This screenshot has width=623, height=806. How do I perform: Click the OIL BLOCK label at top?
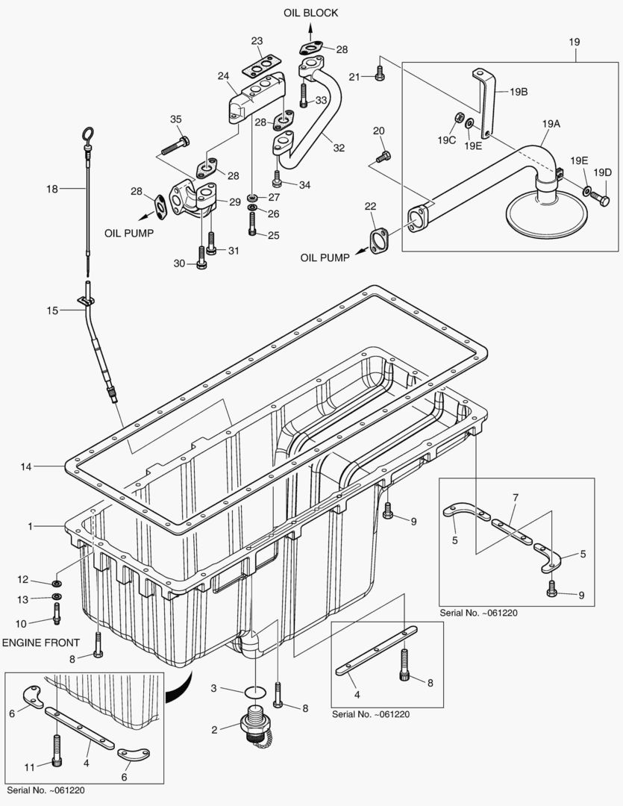(311, 13)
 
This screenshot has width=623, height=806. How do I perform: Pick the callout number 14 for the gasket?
(26, 466)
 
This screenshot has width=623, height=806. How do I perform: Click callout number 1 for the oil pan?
(31, 526)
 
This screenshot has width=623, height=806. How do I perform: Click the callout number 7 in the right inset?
(514, 497)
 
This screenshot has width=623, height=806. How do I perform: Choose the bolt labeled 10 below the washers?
(57, 612)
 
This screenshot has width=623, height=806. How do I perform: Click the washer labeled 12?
(57, 582)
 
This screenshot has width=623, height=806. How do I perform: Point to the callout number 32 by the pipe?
(339, 148)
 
